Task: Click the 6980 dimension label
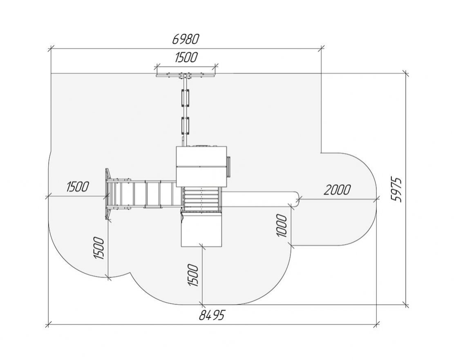186,39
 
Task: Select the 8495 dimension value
212,315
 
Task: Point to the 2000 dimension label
337,190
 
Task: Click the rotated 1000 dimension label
282,225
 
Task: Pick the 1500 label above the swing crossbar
186,57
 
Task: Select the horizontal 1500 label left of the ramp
77,187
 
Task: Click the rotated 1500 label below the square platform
193,275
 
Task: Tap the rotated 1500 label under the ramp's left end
99,248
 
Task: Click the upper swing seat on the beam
185,98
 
